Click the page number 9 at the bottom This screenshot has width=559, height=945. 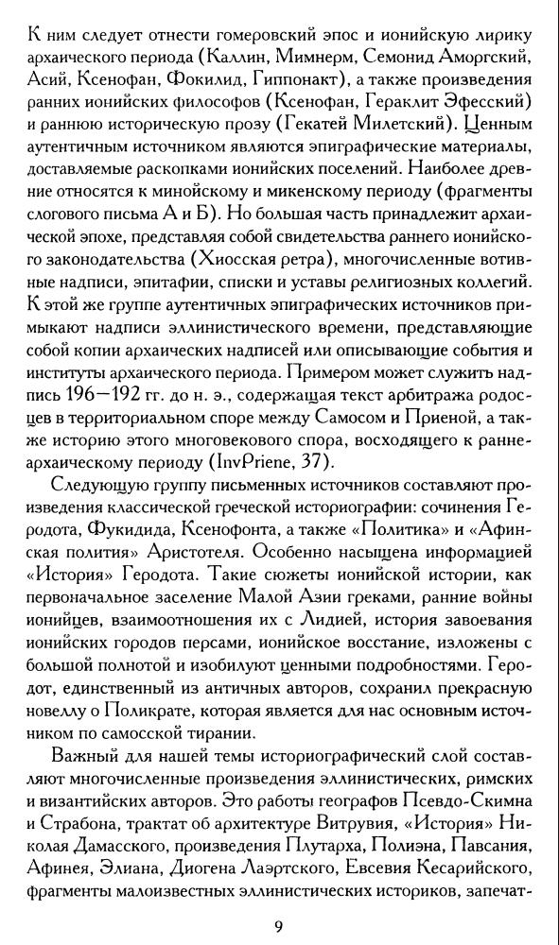(x=279, y=900)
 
